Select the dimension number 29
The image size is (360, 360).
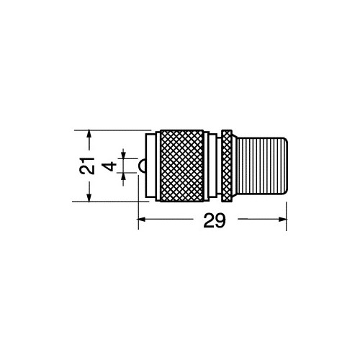[x=211, y=222]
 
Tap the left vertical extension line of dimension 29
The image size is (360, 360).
[x=138, y=205]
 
